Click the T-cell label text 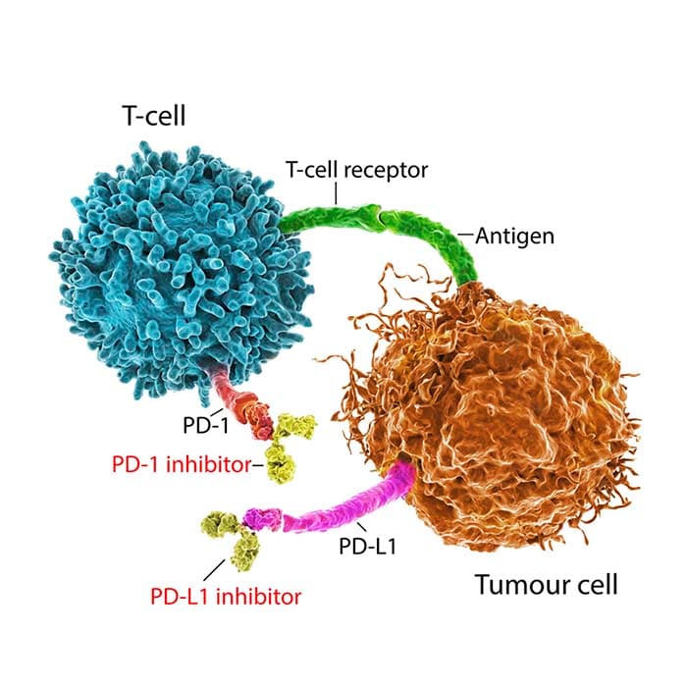155,116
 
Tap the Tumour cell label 547,585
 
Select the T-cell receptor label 356,170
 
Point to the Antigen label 515,237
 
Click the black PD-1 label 206,425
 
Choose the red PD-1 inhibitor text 182,464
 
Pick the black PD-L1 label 368,547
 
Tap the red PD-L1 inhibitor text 226,597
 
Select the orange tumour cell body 495,412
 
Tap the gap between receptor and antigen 380,214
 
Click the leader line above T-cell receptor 336,193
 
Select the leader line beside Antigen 466,235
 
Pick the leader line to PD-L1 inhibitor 214,570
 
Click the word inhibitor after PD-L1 259,597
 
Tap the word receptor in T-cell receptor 386,171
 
